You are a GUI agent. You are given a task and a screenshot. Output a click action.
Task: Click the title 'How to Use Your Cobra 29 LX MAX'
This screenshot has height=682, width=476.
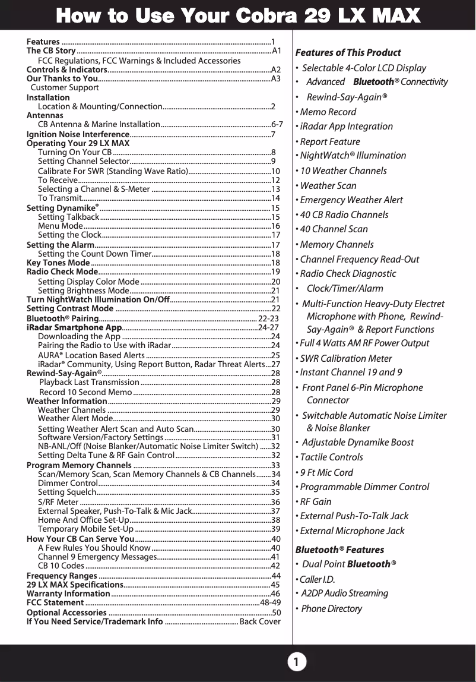click(237, 15)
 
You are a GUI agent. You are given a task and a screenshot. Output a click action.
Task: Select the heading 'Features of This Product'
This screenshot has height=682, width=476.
click(348, 52)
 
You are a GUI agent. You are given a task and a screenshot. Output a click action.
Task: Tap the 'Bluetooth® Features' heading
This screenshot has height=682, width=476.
click(339, 550)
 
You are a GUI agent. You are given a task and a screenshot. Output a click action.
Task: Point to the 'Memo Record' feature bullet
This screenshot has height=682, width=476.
click(328, 112)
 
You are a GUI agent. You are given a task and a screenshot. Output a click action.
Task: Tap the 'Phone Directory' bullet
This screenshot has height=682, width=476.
click(331, 608)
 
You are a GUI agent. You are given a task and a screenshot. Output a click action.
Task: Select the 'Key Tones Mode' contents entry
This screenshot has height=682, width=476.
click(58, 263)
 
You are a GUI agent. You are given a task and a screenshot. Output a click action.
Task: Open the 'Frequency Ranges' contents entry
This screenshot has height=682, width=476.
click(62, 576)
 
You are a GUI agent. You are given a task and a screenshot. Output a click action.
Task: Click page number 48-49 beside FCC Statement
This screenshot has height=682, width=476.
click(270, 602)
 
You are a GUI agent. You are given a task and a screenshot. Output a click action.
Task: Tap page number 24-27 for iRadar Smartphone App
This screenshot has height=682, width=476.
click(269, 327)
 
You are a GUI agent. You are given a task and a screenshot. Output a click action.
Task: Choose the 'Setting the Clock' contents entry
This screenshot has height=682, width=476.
click(69, 235)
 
